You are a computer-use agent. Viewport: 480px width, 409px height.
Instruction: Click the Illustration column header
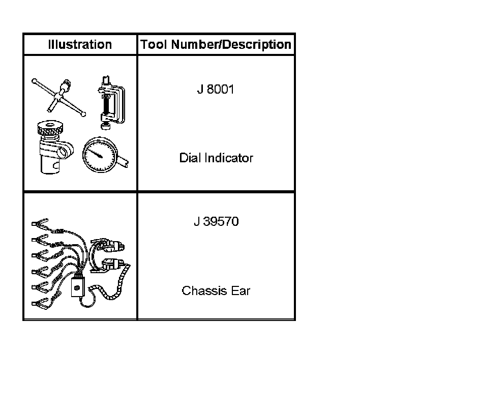pos(80,44)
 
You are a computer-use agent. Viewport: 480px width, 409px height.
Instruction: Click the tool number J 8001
pos(216,90)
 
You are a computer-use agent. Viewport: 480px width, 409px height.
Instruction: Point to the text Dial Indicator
pos(216,158)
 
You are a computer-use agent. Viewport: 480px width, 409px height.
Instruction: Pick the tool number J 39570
pos(216,222)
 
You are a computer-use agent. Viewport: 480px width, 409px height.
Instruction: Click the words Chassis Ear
pos(216,291)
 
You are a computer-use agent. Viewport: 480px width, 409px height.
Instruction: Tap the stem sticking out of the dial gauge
pos(124,162)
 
